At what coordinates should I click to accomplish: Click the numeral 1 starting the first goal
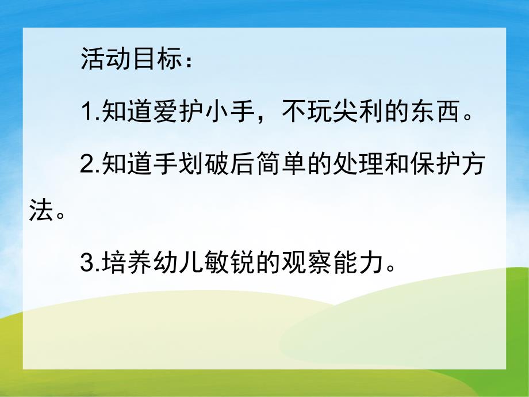click(x=86, y=114)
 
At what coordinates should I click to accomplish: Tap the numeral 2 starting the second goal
click(x=86, y=166)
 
